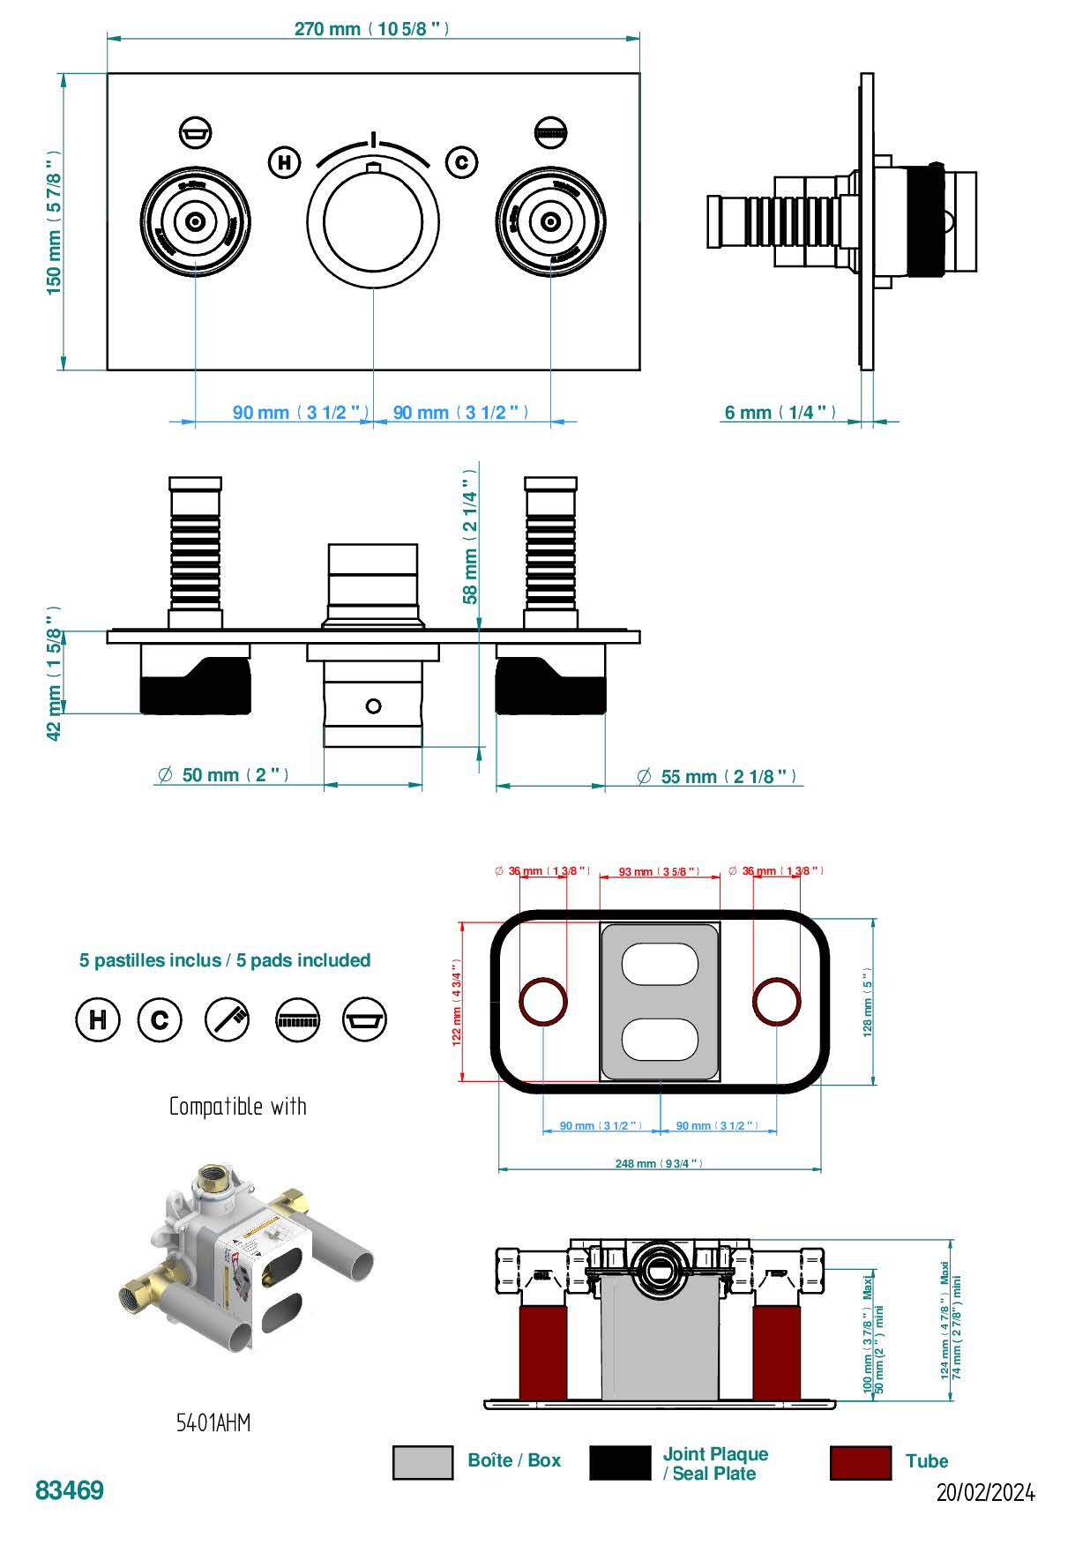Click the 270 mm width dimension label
(371, 29)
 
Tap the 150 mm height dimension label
(55, 222)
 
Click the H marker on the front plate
(284, 162)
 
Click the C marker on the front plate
(461, 162)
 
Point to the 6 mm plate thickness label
(780, 413)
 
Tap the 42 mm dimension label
(55, 673)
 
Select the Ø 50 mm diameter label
(223, 775)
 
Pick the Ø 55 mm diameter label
(717, 777)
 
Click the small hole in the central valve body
(373, 705)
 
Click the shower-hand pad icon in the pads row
(228, 1019)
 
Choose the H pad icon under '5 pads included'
(97, 1019)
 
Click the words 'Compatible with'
(237, 1107)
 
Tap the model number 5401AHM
(213, 1422)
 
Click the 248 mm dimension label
(659, 1164)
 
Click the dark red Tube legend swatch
(860, 1463)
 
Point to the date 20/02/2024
(985, 1492)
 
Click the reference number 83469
(70, 1490)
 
